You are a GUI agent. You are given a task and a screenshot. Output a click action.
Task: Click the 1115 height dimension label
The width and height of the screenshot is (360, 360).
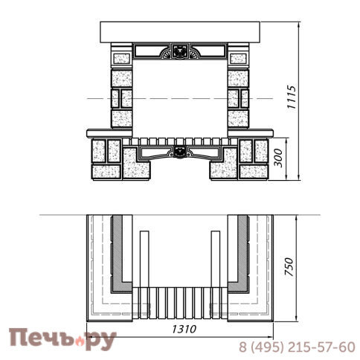pyautogui.click(x=292, y=97)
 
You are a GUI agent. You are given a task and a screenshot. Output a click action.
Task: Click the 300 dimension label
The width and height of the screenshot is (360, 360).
pyautogui.click(x=278, y=158)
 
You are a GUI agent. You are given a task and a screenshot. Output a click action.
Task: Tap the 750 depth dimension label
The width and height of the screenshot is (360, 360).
pyautogui.click(x=289, y=267)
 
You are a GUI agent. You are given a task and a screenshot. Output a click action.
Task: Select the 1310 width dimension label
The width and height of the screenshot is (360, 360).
pyautogui.click(x=184, y=329)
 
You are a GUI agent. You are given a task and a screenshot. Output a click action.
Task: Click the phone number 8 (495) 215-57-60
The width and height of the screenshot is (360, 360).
pyautogui.click(x=297, y=347)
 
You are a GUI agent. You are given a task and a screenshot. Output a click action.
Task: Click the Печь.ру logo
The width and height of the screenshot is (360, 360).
pyautogui.click(x=62, y=339)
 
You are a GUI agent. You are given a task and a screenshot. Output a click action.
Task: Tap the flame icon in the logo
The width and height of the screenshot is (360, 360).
pyautogui.click(x=80, y=341)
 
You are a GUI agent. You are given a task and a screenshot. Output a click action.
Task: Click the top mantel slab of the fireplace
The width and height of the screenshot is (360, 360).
pyautogui.click(x=180, y=32)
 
